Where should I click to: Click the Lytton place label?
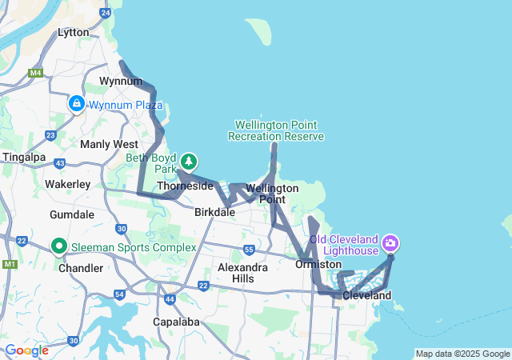pyautogui.click(x=74, y=33)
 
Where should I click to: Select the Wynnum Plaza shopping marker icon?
pyautogui.click(x=77, y=104)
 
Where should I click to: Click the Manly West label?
pyautogui.click(x=109, y=144)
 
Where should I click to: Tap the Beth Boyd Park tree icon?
pyautogui.click(x=189, y=162)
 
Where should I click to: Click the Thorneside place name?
pyautogui.click(x=186, y=186)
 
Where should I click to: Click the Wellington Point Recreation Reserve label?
pyautogui.click(x=276, y=130)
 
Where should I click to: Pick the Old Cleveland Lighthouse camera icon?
pyautogui.click(x=390, y=242)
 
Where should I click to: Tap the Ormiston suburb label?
pyautogui.click(x=318, y=264)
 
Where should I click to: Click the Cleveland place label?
pyautogui.click(x=366, y=296)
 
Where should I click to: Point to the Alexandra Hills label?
pyautogui.click(x=242, y=273)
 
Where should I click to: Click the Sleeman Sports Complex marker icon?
pyautogui.click(x=59, y=246)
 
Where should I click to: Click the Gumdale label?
pyautogui.click(x=72, y=216)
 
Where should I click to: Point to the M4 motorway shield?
pyautogui.click(x=34, y=73)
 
